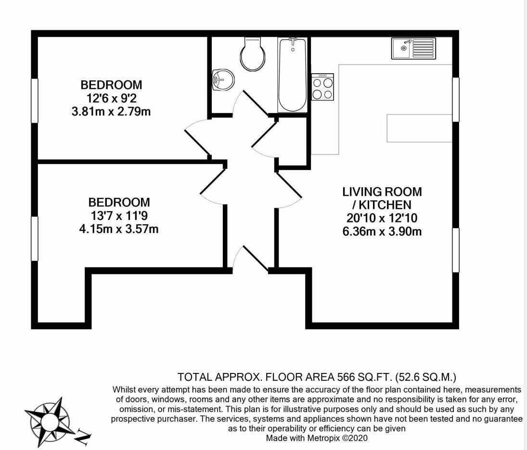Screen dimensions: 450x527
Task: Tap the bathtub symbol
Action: point(292,76)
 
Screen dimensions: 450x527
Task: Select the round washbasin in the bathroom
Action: point(223,79)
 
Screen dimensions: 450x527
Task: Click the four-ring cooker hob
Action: point(322,87)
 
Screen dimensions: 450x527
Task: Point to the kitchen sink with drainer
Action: point(413,48)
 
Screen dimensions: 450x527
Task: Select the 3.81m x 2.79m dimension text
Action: point(111,112)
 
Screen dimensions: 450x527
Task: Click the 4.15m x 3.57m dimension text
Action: point(118,229)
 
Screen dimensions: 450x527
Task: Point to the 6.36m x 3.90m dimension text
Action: point(382,231)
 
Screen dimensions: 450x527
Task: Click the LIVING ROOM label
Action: point(382,192)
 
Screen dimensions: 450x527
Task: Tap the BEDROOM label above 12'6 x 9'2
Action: point(111,85)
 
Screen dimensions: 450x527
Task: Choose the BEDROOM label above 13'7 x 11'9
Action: point(118,202)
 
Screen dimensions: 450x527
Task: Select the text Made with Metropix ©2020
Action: point(317,438)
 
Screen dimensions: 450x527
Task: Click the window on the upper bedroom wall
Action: point(35,100)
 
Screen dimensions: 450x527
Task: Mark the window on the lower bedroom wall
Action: point(35,239)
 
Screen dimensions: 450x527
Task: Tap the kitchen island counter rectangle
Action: point(419,128)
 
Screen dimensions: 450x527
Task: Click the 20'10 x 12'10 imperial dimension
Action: point(382,218)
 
